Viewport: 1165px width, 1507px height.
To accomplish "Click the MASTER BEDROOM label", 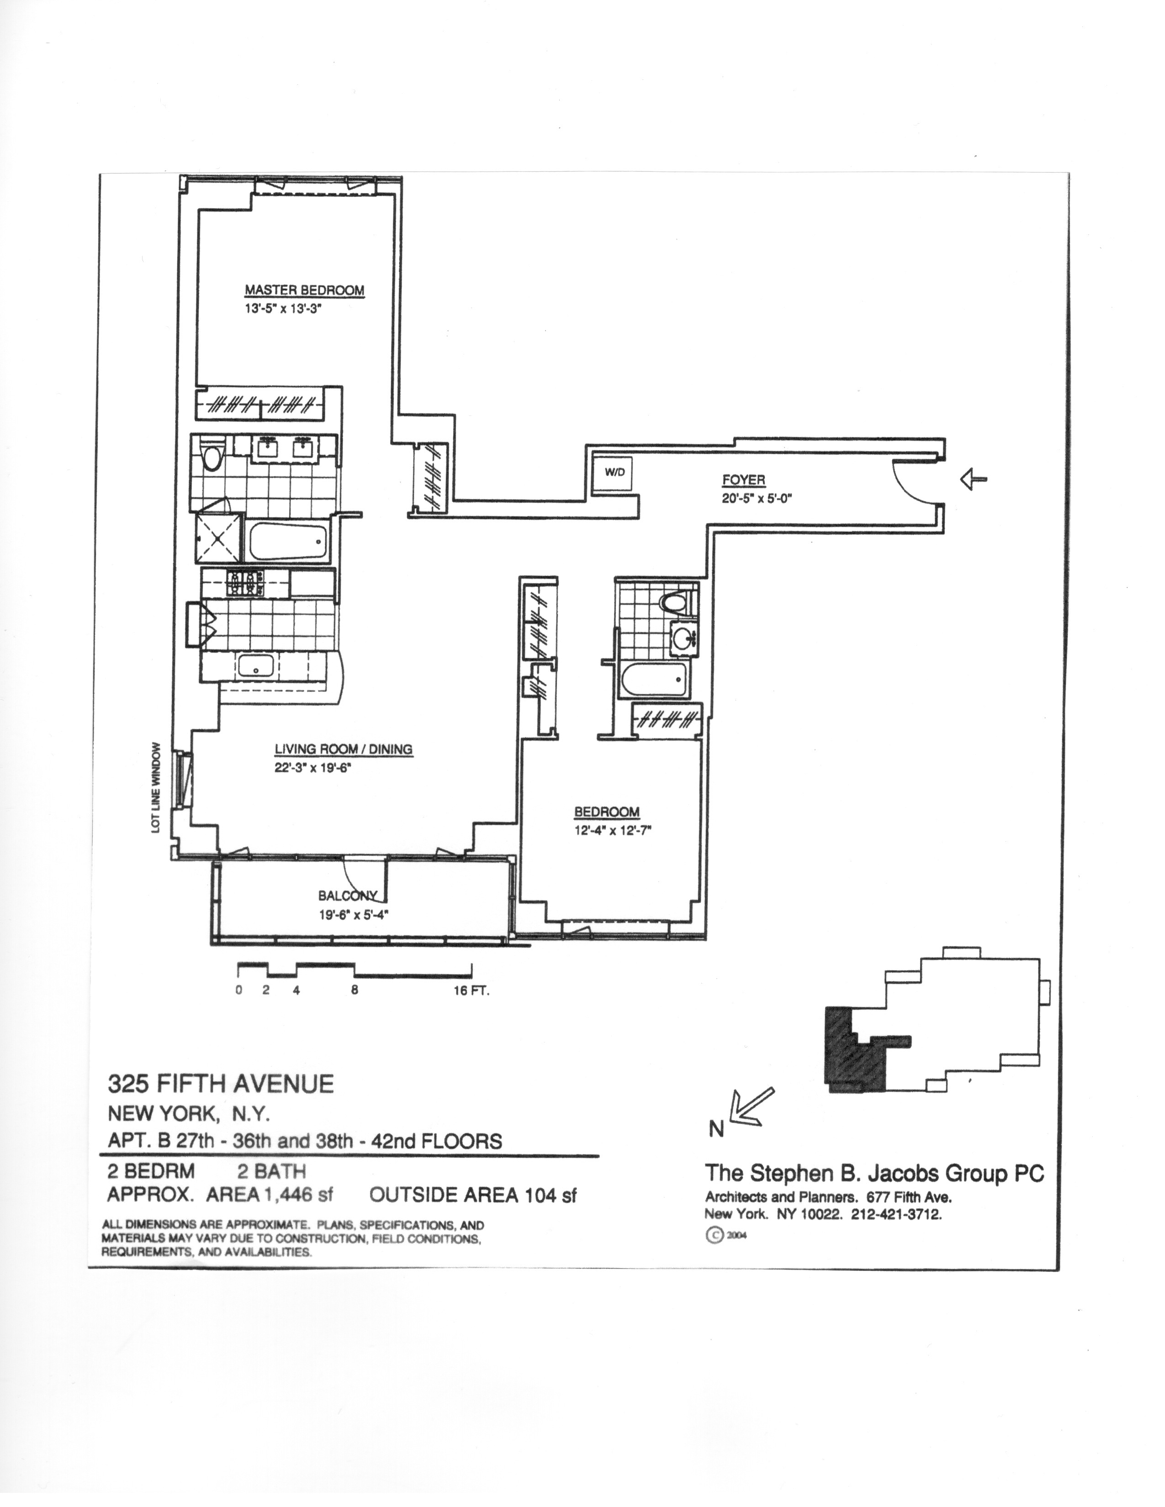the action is pos(304,290).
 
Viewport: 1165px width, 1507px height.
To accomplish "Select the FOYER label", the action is pos(743,480).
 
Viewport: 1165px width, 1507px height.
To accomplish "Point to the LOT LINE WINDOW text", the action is pos(157,787).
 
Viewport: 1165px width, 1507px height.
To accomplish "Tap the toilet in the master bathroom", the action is pos(212,457).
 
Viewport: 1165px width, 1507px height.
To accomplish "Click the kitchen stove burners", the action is pos(244,583).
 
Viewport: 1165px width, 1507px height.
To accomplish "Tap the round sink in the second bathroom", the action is pos(685,636).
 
